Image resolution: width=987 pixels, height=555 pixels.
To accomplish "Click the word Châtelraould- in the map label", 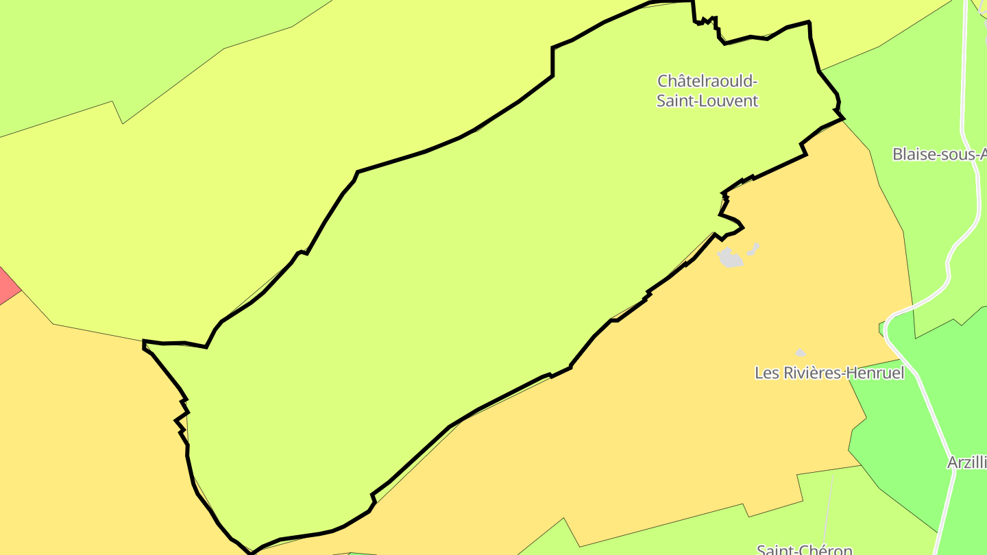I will click(707, 81).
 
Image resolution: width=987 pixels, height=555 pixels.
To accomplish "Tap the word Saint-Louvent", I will click(707, 101).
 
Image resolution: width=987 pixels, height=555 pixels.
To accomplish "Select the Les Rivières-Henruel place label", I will click(829, 373).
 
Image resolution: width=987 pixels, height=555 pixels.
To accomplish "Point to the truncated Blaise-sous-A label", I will click(939, 154).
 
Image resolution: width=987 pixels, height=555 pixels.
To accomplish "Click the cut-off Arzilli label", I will click(966, 463).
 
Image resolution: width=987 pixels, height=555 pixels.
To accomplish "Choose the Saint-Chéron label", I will click(804, 550).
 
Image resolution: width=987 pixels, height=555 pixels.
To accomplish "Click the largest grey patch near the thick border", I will click(730, 258).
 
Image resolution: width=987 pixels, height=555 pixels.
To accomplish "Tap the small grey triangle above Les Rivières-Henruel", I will click(800, 352).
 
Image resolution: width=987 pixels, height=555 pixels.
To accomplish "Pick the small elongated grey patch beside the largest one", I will click(753, 249).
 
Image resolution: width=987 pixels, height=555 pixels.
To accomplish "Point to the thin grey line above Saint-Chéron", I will click(829, 507).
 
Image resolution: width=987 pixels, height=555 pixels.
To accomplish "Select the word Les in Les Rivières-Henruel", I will click(765, 373).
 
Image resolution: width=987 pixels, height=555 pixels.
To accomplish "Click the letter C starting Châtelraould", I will click(663, 81).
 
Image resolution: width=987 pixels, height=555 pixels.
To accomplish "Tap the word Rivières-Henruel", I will click(842, 373).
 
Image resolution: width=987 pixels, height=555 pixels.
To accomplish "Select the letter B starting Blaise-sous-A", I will click(897, 154).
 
